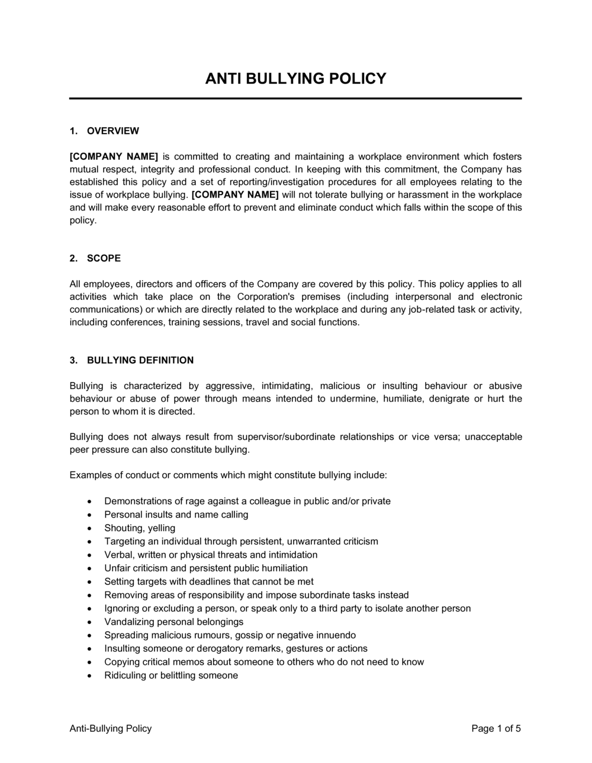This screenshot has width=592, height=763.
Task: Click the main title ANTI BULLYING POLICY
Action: click(x=295, y=79)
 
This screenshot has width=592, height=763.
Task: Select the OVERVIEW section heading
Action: click(x=112, y=131)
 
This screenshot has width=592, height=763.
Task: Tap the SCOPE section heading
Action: click(x=104, y=258)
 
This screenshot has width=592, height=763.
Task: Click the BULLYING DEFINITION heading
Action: click(x=140, y=360)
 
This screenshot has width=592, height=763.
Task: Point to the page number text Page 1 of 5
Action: click(x=496, y=729)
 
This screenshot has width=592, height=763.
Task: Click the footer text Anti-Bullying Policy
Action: click(x=111, y=729)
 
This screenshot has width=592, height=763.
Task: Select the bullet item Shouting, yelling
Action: click(x=140, y=528)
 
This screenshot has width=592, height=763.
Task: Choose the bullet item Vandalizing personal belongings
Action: click(x=174, y=622)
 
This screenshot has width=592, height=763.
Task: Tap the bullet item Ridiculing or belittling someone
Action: click(x=171, y=675)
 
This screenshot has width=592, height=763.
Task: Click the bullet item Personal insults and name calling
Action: click(x=176, y=515)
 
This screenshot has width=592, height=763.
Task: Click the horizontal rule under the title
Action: click(x=295, y=98)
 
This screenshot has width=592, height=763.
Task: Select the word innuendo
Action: click(x=334, y=635)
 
